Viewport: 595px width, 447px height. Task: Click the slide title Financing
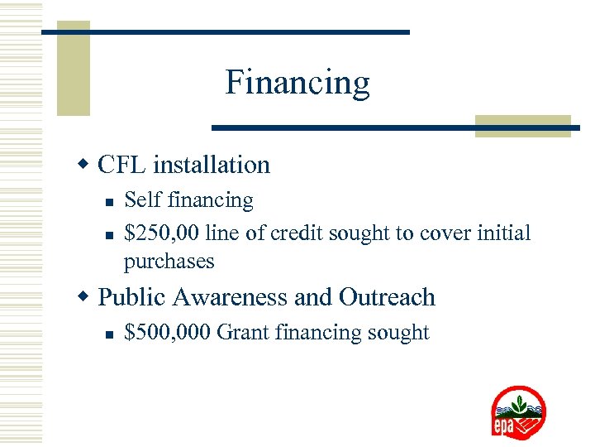(297, 83)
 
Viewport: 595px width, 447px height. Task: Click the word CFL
(120, 165)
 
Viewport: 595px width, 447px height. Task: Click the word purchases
(169, 262)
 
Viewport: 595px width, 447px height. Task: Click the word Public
(132, 297)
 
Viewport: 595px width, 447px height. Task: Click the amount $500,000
(168, 333)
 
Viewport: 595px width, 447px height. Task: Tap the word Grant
(243, 333)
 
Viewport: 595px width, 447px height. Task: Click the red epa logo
(518, 412)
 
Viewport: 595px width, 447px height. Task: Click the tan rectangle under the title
(522, 125)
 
